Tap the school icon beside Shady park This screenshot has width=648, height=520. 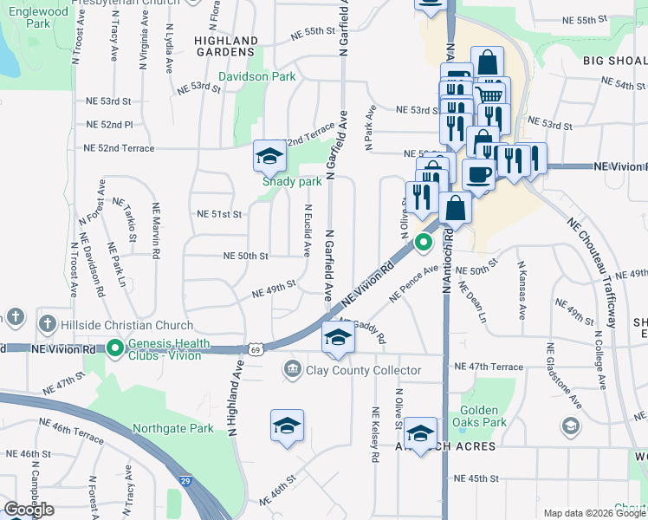coord(269,156)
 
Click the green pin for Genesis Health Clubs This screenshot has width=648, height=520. coord(115,348)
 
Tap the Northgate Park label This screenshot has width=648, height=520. coord(172,428)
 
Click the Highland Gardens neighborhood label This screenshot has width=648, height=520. coord(225,46)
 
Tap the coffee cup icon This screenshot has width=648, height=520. coord(478,174)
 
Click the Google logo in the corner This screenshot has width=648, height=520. coord(29,510)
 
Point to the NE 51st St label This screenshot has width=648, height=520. coord(219,213)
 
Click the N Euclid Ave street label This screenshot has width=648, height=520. coord(308,231)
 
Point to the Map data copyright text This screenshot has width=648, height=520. coord(595,513)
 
